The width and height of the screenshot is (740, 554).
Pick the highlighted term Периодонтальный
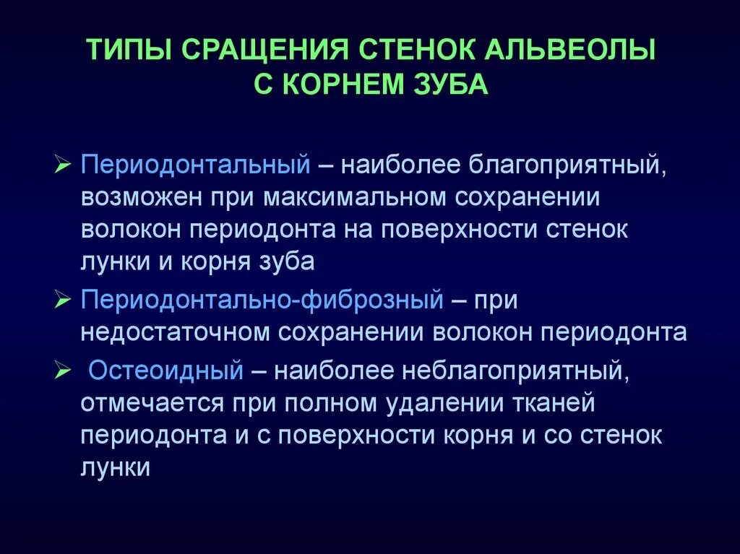click(x=195, y=165)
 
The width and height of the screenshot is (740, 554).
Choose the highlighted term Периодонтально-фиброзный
click(x=262, y=300)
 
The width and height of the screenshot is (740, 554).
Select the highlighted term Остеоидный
click(x=165, y=371)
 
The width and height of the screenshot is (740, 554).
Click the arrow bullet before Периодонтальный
click(x=64, y=165)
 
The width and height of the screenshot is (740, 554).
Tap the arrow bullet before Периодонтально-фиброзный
click(x=64, y=300)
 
